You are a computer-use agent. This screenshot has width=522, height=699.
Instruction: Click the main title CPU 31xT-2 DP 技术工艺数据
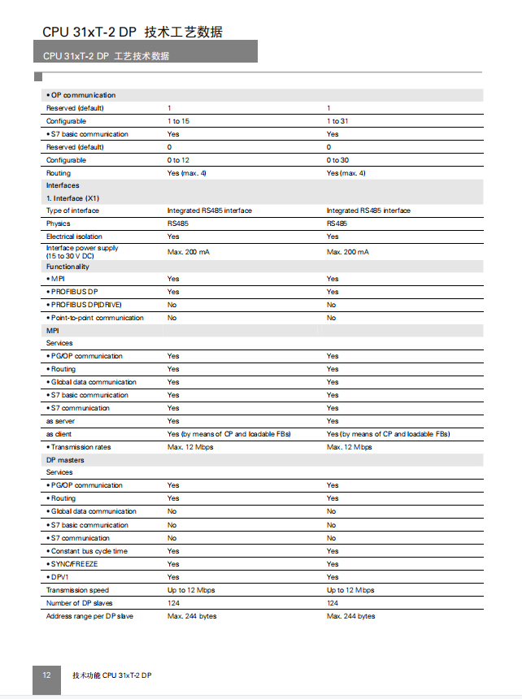(133, 32)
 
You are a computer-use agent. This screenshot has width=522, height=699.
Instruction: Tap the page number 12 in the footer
(46, 675)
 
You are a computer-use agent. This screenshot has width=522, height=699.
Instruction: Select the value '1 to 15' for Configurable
(178, 121)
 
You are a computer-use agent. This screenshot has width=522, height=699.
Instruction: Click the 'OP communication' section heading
(82, 95)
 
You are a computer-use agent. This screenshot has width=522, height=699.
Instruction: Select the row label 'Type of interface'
(72, 211)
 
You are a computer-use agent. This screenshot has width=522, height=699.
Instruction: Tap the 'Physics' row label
(59, 224)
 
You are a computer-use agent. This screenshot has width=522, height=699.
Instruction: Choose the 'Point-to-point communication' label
(96, 318)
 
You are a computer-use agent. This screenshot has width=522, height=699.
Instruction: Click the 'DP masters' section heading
(65, 460)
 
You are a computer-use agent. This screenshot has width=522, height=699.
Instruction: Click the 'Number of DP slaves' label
(80, 603)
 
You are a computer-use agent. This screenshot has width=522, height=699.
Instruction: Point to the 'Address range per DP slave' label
(89, 616)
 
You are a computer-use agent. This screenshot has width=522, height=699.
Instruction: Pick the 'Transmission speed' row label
(77, 590)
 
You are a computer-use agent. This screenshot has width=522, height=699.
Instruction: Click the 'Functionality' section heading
(67, 267)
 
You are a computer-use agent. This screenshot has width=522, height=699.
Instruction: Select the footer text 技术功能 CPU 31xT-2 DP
(112, 675)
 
